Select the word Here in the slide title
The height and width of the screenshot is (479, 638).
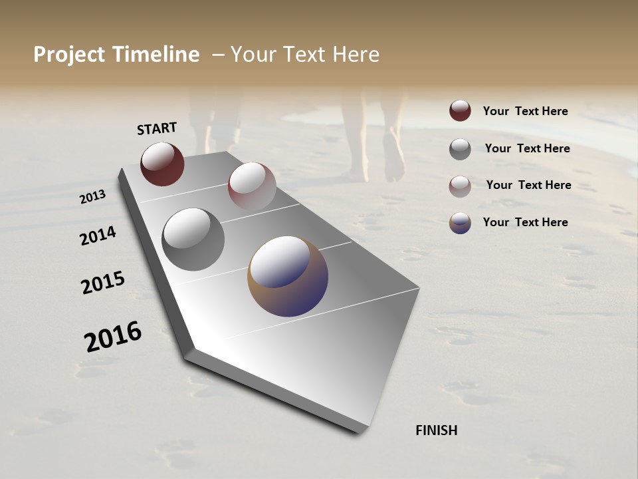point(356,55)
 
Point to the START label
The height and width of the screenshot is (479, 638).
point(157,128)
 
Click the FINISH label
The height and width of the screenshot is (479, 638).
point(437,430)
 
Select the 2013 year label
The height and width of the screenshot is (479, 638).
point(93,197)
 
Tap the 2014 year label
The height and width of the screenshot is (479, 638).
point(98,236)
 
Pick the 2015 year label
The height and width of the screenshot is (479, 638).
point(103,283)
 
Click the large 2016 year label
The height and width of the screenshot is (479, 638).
point(113,337)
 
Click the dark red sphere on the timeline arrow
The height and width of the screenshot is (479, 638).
point(162,164)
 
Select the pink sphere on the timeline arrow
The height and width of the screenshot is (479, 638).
point(252,186)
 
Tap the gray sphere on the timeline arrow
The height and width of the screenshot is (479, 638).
point(193,239)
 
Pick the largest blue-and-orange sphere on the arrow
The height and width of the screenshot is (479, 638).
point(288,276)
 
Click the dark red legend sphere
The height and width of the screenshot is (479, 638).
point(460,110)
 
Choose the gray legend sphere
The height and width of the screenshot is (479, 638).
point(460,149)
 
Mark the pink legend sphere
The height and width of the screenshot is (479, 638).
point(460,186)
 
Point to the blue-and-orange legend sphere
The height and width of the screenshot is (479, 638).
point(460,223)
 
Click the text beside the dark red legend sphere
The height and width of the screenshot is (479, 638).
point(525,111)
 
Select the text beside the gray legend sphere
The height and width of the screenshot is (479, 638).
point(527,148)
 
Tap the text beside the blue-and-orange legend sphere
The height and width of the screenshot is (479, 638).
point(525,222)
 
